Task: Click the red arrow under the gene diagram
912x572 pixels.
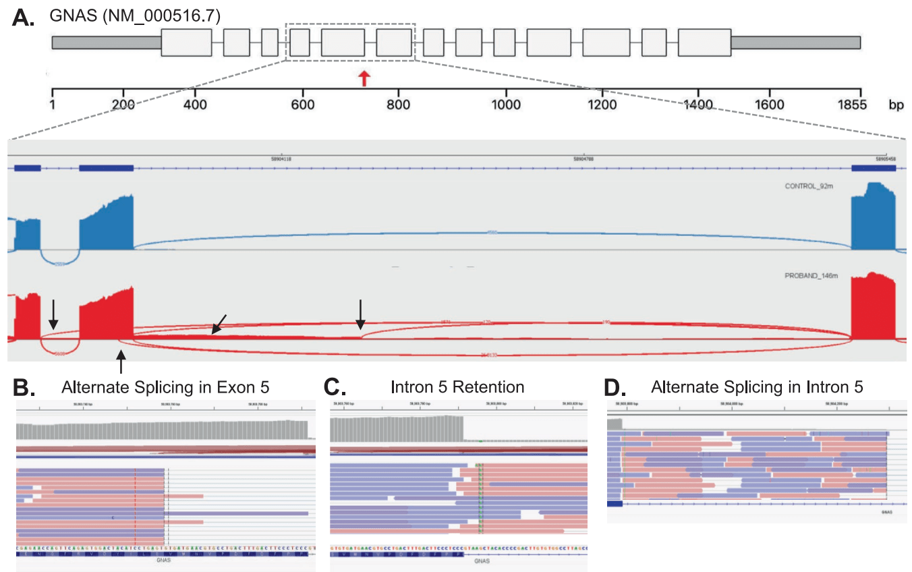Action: (x=364, y=78)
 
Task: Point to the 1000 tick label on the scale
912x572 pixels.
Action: (x=506, y=105)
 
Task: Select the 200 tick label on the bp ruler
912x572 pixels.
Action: (x=123, y=105)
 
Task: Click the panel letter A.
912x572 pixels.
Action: (x=24, y=19)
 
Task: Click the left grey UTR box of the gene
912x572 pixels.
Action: (x=107, y=42)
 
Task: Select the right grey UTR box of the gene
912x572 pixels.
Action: (x=795, y=42)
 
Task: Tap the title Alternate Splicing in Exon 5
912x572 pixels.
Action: (x=165, y=387)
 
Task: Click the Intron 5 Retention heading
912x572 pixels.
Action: (x=457, y=387)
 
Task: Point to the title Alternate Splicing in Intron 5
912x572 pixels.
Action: (x=757, y=387)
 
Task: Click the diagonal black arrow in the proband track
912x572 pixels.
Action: (x=219, y=324)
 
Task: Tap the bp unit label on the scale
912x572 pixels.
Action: (x=896, y=105)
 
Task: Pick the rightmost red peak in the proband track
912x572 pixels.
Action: (x=874, y=307)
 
